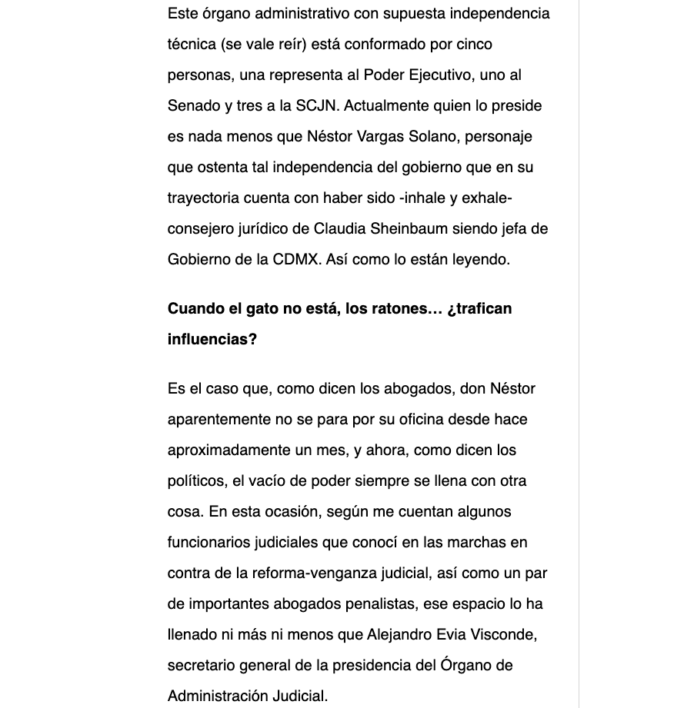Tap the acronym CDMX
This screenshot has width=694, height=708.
pos(297,260)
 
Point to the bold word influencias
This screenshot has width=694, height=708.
pos(212,340)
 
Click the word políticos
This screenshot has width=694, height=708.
pos(196,481)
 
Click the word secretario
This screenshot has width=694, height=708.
pos(204,666)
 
